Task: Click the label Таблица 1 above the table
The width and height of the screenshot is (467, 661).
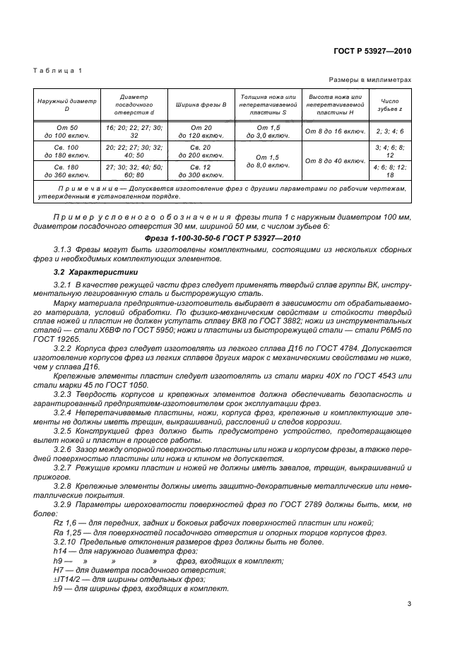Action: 58,71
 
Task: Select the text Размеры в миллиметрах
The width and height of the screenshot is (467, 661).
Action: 370,81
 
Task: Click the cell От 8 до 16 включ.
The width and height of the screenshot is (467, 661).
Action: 334,131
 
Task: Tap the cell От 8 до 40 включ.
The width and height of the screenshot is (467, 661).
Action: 334,161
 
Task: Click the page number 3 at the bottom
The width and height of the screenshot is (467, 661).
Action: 409,603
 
